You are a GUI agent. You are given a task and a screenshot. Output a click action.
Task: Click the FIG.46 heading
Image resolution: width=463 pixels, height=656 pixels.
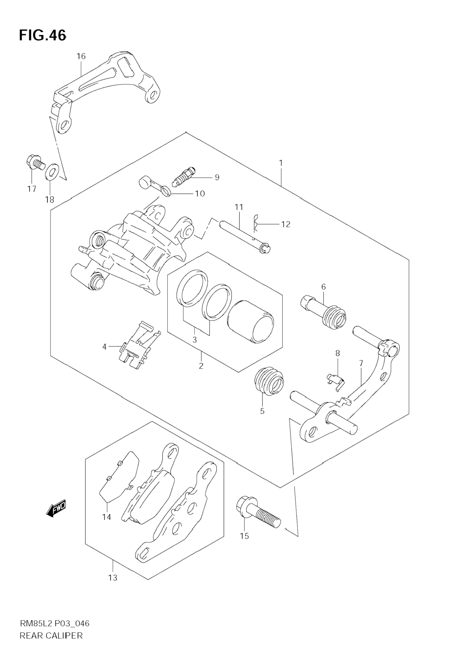tap(43, 35)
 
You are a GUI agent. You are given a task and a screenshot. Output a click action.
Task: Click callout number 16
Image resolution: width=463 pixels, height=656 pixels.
tap(81, 56)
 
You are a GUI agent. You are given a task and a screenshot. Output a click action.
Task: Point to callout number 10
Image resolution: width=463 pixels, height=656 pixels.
tap(200, 194)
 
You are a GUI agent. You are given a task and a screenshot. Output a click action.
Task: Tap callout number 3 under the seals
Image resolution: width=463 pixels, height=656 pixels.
tap(195, 340)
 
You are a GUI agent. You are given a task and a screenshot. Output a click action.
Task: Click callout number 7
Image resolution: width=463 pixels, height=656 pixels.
tap(361, 364)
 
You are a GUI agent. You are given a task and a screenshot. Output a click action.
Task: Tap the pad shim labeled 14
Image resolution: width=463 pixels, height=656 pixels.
tap(119, 477)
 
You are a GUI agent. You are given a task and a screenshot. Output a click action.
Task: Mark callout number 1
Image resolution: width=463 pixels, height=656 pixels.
tap(281, 163)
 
